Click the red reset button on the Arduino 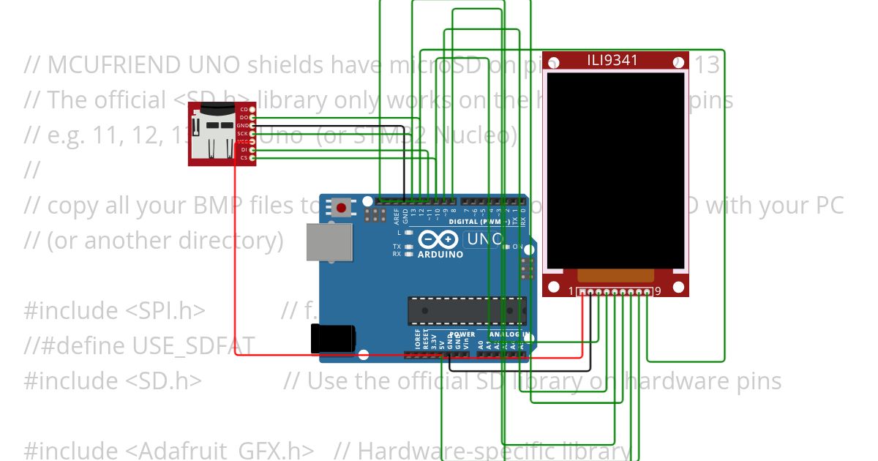(x=342, y=208)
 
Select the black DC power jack (x=333, y=338)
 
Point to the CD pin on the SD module (x=252, y=110)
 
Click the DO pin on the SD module (x=252, y=118)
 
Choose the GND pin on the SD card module (x=252, y=126)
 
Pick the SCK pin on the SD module (x=252, y=134)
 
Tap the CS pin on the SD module (x=252, y=157)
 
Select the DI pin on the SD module (x=252, y=149)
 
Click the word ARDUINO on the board (x=440, y=255)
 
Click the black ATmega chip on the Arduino (x=466, y=310)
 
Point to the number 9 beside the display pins (x=658, y=291)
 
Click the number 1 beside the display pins (x=571, y=291)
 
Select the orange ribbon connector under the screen (x=615, y=275)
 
